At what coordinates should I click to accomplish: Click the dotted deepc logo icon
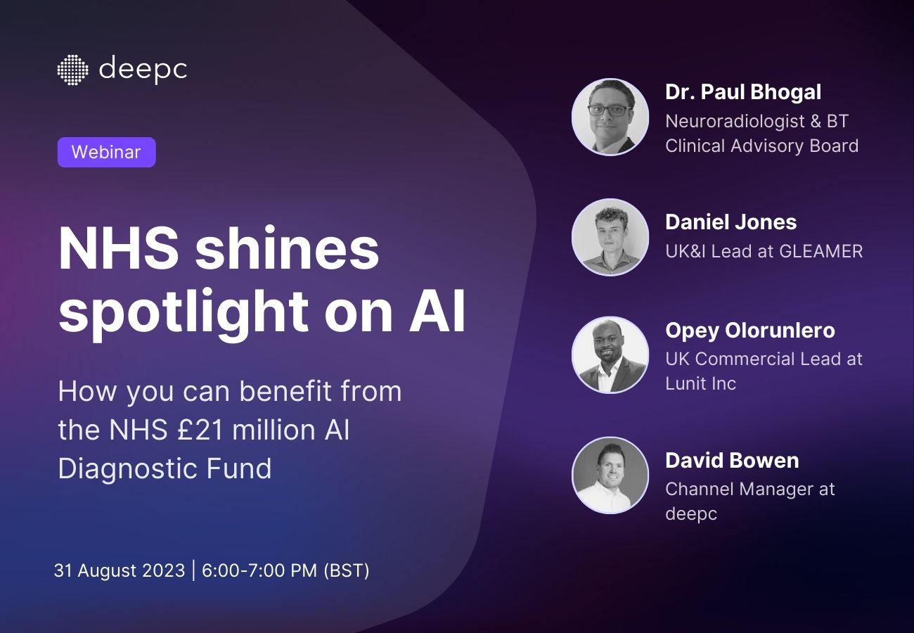72,70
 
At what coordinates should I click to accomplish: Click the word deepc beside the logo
143,70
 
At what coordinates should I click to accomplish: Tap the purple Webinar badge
106,152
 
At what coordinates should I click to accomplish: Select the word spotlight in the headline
184,311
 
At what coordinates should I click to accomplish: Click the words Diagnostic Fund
165,468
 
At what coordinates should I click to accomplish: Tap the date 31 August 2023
118,570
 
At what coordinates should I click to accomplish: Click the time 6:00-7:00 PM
259,570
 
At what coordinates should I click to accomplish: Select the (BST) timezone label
346,570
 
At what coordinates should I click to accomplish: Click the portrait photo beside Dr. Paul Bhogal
610,117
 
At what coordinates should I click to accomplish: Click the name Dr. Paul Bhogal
743,92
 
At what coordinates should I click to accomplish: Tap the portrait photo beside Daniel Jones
610,237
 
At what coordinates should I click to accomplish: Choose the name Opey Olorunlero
750,331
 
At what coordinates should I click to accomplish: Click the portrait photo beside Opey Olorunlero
610,355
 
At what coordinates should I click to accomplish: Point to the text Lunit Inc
701,383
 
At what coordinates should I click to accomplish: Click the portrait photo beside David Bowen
610,475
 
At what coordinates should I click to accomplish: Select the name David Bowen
732,461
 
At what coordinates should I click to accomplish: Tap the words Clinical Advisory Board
761,146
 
